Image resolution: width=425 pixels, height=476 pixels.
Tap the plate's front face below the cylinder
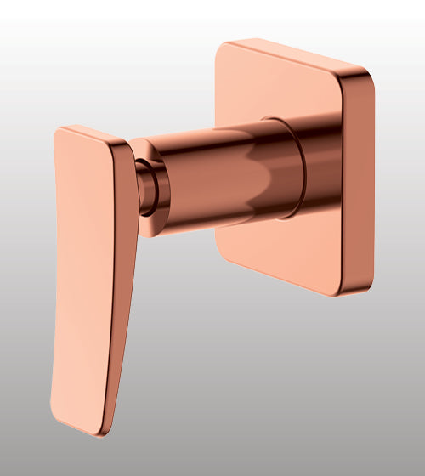280,251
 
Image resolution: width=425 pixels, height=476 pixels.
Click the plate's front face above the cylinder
280,85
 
